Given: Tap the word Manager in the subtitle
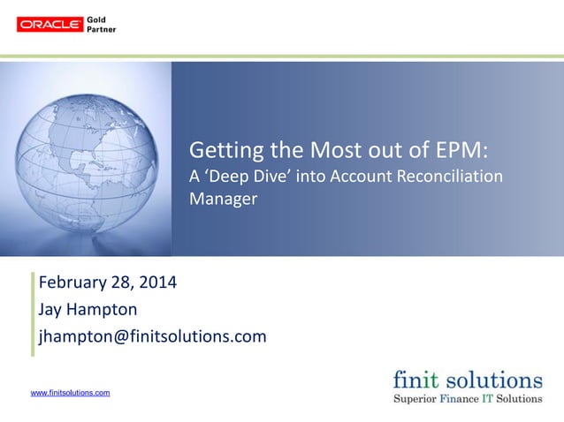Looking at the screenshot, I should pos(224,199).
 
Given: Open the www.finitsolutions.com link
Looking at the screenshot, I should pos(71,392).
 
